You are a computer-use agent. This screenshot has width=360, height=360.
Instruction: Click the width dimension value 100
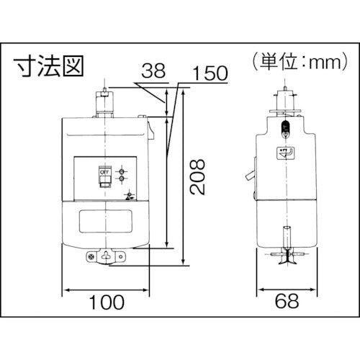point(108,304)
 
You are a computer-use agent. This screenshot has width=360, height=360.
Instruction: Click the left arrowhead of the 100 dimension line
point(68,290)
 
